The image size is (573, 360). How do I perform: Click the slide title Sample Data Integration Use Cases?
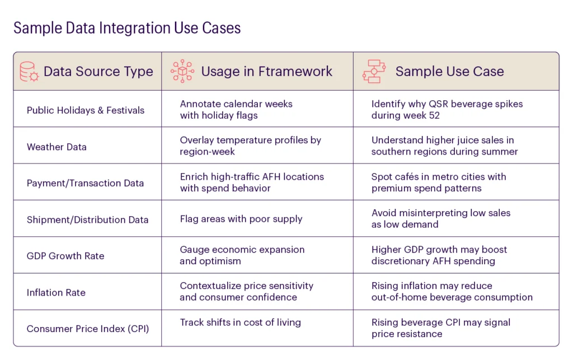(x=127, y=28)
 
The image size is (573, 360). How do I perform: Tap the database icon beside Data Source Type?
(x=29, y=71)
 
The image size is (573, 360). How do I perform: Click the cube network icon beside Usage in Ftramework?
(x=182, y=71)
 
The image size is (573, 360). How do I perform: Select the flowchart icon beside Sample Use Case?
(x=374, y=71)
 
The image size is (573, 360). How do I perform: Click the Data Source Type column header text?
(x=98, y=71)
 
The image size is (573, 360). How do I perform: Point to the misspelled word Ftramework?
(x=295, y=71)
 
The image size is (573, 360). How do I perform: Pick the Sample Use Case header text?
(x=449, y=71)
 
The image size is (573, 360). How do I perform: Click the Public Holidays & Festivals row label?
(x=86, y=110)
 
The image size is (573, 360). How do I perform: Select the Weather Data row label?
(x=57, y=147)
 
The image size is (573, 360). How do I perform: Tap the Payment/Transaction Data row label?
(x=85, y=183)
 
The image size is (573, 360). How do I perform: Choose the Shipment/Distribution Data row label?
(x=87, y=219)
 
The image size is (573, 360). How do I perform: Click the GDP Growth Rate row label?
(x=65, y=256)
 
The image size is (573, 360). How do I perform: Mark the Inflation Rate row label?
(x=56, y=292)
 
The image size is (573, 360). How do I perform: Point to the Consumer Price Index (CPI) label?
(x=88, y=329)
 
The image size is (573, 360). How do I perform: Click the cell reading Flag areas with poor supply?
(x=241, y=219)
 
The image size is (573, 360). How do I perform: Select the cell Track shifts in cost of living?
(x=241, y=322)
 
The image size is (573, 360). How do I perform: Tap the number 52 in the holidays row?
(x=434, y=115)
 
